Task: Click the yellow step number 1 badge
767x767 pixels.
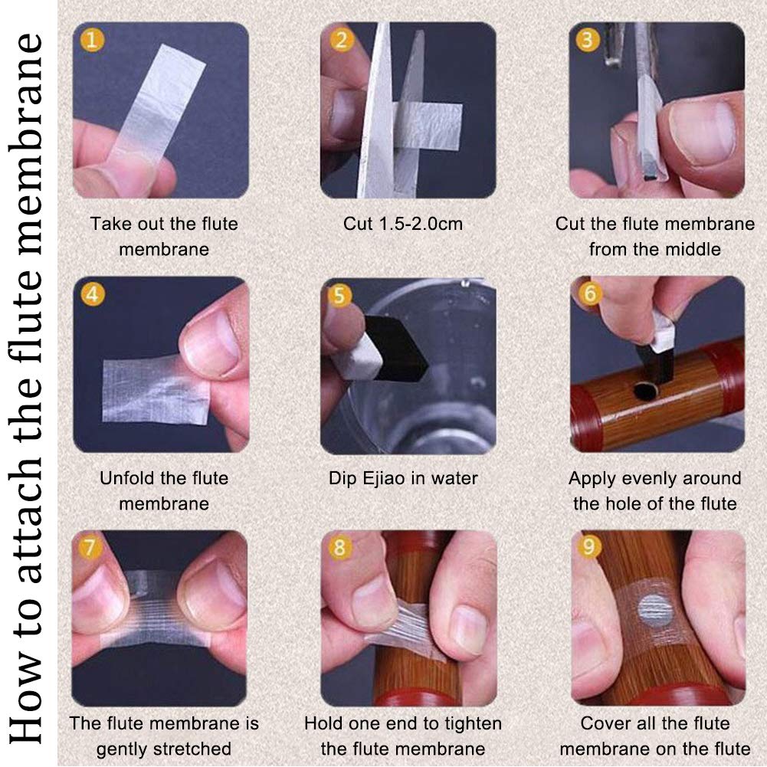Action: (93, 40)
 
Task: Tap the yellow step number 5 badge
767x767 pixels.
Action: (340, 296)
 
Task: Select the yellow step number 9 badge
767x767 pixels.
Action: (588, 546)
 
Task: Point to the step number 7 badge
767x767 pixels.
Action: (90, 547)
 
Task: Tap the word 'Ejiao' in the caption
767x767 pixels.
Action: (384, 478)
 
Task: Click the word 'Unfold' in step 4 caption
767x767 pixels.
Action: (123, 478)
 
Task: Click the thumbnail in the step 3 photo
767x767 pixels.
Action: (703, 132)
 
